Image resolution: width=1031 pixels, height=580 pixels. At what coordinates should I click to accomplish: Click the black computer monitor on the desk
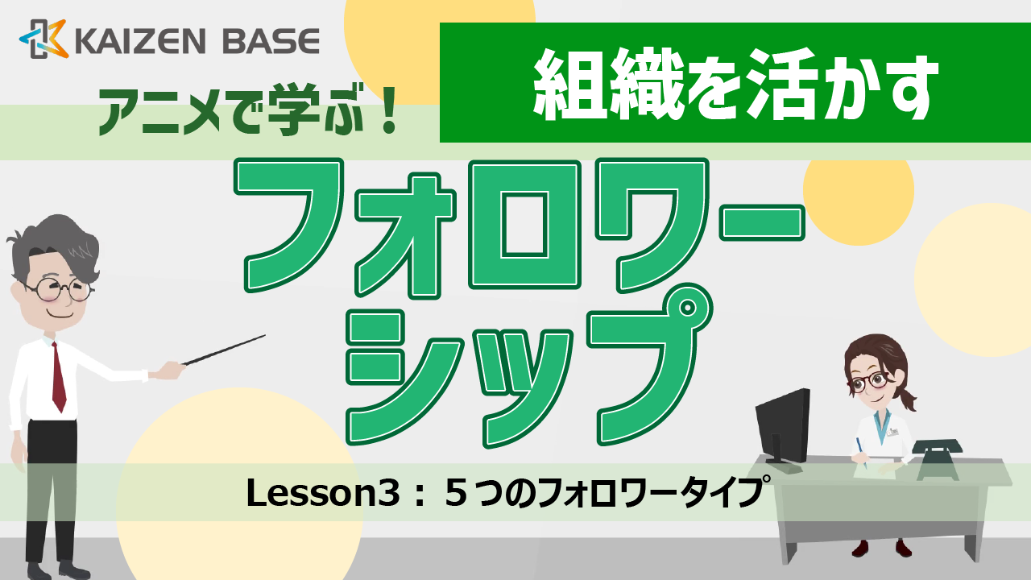pyautogui.click(x=782, y=423)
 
